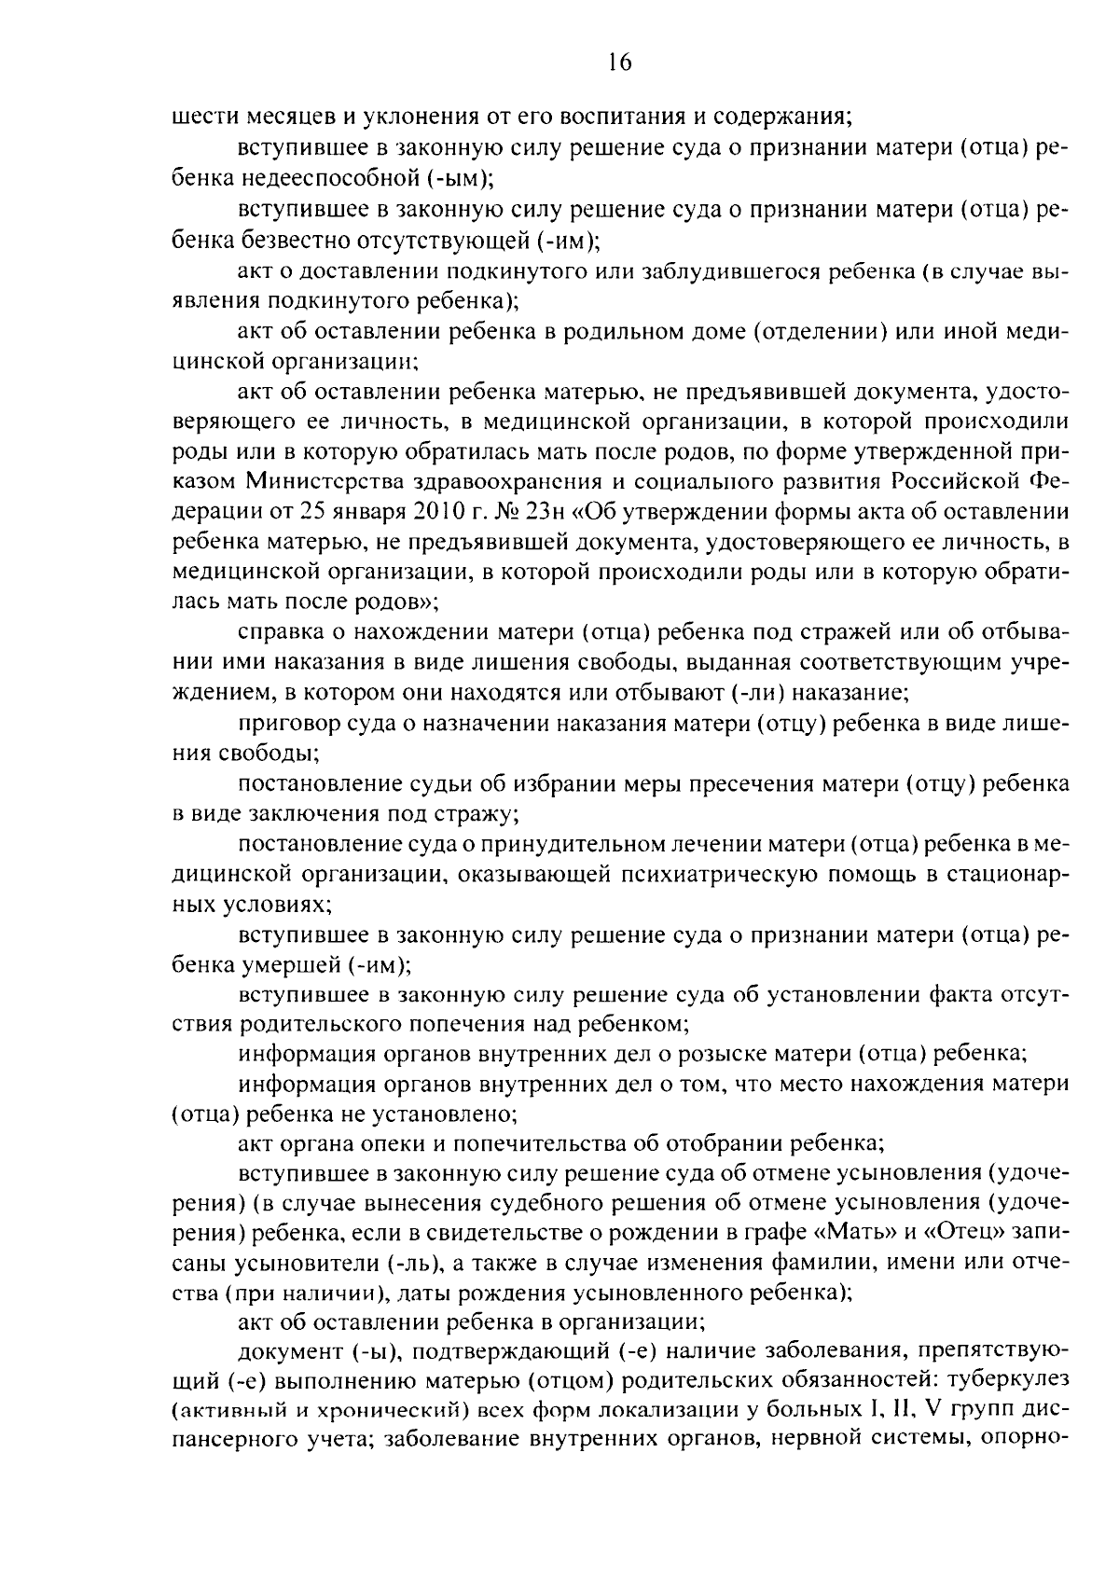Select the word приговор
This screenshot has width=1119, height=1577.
tap(286, 723)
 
